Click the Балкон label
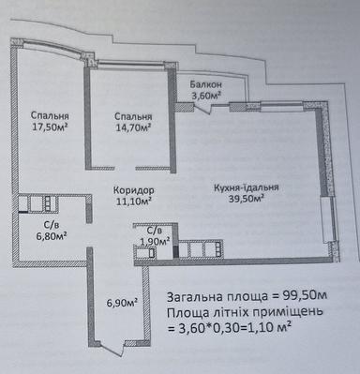[x=205, y=82]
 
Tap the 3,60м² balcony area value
[x=205, y=95]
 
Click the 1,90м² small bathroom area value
[x=154, y=242]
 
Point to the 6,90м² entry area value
[x=122, y=302]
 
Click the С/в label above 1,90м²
[x=154, y=230]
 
